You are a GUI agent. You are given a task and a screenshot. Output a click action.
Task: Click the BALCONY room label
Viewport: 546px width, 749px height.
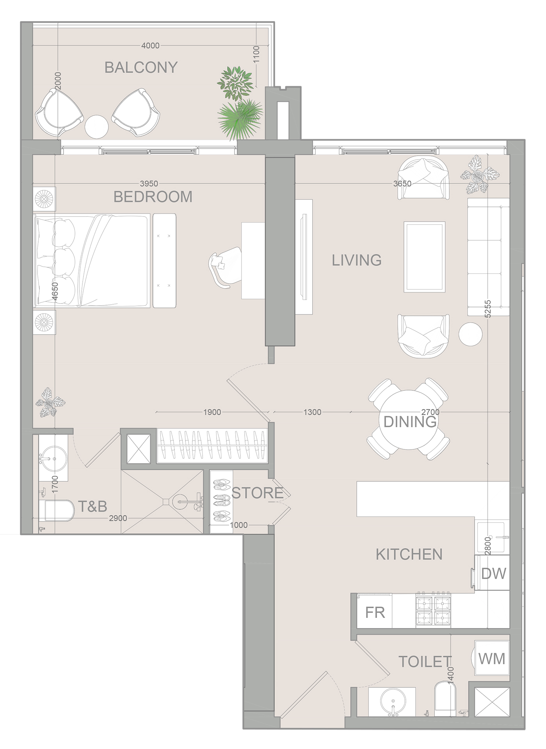pos(141,67)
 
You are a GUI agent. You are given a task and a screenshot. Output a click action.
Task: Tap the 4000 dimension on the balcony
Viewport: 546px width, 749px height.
pos(150,46)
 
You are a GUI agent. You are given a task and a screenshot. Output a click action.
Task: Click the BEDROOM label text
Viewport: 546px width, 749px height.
pos(153,197)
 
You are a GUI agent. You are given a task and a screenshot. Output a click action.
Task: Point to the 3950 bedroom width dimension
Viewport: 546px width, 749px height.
pos(149,184)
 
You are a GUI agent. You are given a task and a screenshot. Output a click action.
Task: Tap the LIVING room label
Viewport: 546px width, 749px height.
pos(356,260)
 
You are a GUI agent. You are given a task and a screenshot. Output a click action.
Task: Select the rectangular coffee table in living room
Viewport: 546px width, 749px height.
pos(424,257)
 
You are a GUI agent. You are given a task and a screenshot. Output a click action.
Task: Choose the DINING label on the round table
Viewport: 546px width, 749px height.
pos(409,422)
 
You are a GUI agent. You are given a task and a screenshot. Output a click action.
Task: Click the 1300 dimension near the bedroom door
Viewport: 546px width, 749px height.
pos(312,412)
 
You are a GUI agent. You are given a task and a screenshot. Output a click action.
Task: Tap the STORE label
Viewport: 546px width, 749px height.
pos(258,493)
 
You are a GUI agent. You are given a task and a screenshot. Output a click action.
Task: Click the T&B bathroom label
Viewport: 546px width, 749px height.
pos(93,506)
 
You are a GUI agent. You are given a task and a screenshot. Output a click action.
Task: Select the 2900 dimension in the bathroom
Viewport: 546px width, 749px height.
pos(118,518)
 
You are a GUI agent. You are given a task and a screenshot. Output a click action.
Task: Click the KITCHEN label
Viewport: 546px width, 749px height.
pos(409,554)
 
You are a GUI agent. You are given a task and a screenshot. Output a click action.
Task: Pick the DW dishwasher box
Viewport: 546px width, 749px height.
pos(493,574)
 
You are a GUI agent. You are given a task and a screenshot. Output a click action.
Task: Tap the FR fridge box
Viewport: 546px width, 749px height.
pos(375,612)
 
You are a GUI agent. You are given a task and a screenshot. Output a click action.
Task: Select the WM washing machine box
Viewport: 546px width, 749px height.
pos(492,658)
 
